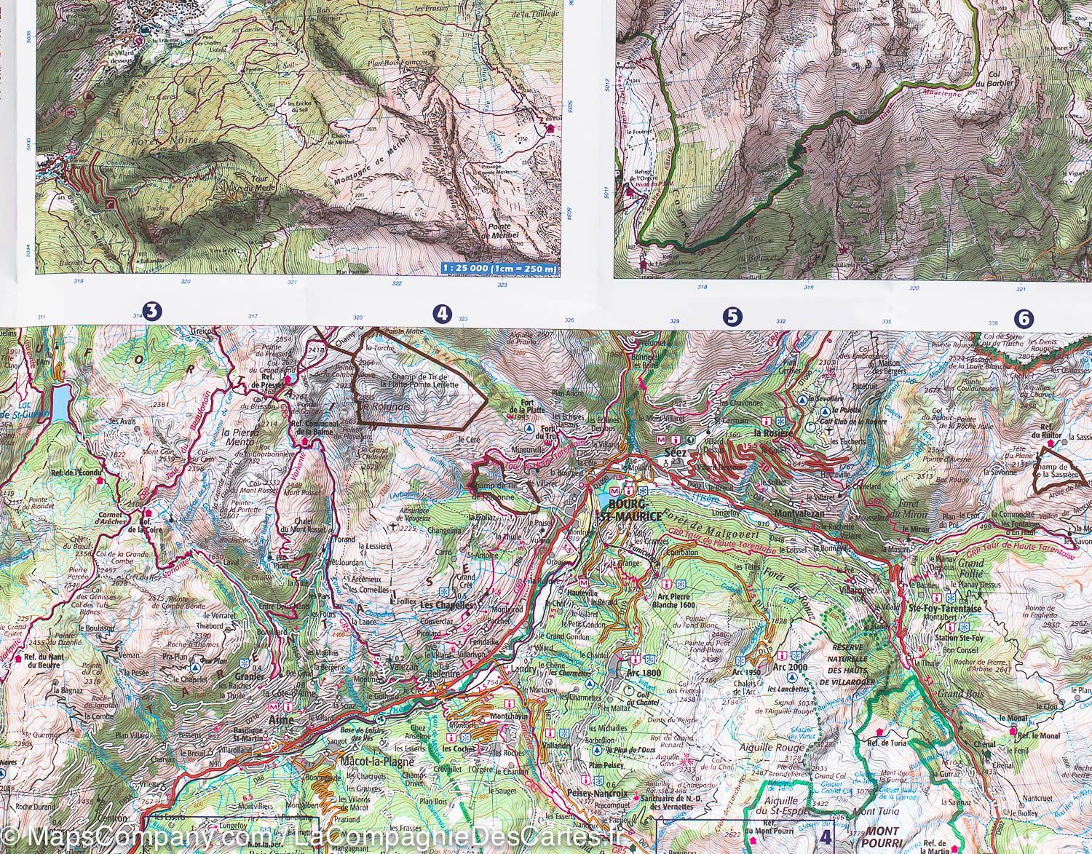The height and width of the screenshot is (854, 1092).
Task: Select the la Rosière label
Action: tap(772, 435)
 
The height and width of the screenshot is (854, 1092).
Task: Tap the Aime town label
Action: tap(282, 720)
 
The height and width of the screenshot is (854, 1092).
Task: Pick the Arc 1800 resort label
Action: tap(644, 673)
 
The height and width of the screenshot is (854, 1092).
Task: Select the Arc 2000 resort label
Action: tap(791, 667)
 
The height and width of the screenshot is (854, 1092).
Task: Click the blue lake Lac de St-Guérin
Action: tap(60, 400)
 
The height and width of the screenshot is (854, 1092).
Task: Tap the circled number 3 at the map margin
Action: tap(152, 312)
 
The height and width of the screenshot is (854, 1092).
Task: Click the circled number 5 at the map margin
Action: tap(732, 316)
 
